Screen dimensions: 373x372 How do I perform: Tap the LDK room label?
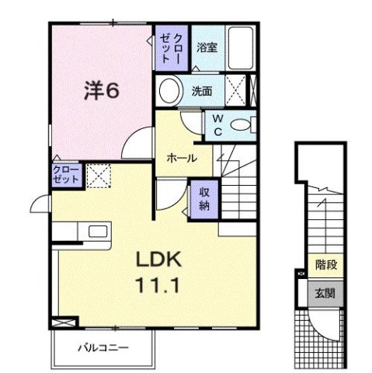pos(162,260)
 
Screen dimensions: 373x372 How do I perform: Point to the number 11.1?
pos(162,284)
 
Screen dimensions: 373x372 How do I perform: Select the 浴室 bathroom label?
pos(207,47)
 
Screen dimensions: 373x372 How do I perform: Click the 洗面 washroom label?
pos(202,91)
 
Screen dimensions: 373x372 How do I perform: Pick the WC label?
pos(218,124)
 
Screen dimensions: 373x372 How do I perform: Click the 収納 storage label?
pos(204,199)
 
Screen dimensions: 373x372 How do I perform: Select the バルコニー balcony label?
pos(103,347)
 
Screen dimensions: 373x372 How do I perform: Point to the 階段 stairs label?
pos(325,266)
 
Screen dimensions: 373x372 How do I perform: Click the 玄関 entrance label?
pos(325,293)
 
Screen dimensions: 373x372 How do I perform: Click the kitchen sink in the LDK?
pos(99,232)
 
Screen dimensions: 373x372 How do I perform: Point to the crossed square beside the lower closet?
pos(97,175)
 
